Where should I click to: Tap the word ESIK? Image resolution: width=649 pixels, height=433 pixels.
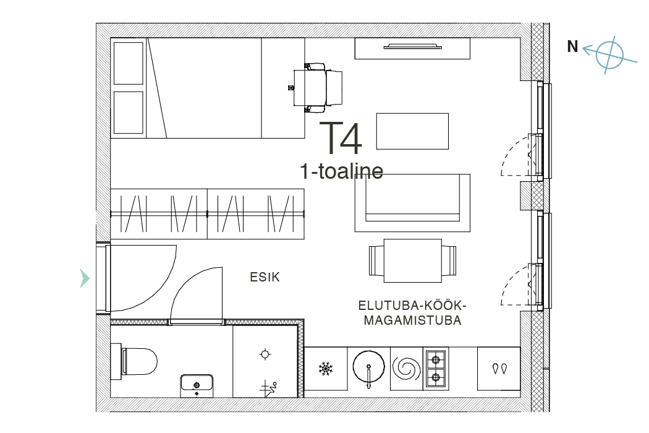[x=265, y=277]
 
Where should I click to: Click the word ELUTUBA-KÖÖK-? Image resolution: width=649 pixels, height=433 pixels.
[x=412, y=306]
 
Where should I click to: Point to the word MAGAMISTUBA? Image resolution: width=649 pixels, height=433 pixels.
[x=413, y=320]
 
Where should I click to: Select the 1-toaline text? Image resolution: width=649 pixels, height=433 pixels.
[x=341, y=171]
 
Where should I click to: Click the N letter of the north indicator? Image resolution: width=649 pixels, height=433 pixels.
[x=572, y=46]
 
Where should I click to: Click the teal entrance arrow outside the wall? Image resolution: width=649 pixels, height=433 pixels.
[x=85, y=278]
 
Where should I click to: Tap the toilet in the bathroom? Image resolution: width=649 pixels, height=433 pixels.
[x=134, y=361]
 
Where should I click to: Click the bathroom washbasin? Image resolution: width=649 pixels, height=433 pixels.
[x=197, y=386]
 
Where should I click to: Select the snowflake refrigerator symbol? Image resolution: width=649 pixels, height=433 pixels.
[x=326, y=369]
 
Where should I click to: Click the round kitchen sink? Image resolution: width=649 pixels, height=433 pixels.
[x=368, y=367]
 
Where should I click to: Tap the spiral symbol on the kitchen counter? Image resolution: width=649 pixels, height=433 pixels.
[x=407, y=369]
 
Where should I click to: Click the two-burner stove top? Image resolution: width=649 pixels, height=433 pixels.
[x=436, y=369]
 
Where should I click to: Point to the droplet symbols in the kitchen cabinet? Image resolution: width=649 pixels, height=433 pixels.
[x=499, y=369]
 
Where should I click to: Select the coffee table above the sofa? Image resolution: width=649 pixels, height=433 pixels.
[x=412, y=131]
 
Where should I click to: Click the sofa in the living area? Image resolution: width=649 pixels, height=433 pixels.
[x=412, y=203]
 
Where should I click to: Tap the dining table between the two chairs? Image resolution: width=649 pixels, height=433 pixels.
[x=413, y=260]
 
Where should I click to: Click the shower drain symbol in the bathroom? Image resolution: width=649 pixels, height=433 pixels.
[x=265, y=354]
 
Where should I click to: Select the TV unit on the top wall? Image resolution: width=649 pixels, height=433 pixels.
[x=412, y=48]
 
